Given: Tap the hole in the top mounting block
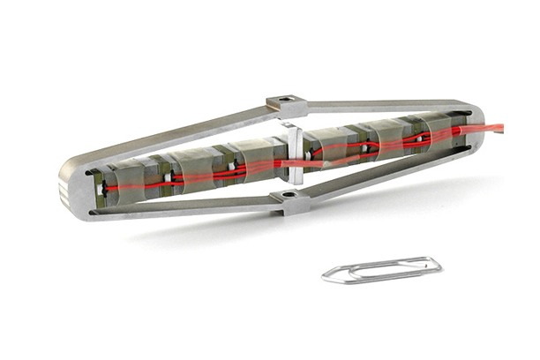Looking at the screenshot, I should (283, 101).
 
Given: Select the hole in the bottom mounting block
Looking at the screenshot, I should (289, 194).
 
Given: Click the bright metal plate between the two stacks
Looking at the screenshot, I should (294, 154).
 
